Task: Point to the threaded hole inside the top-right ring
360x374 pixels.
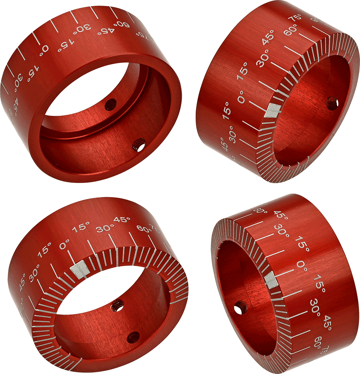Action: (332, 103)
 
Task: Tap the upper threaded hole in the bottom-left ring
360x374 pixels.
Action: (118, 305)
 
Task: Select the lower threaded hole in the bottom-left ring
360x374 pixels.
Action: (133, 337)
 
